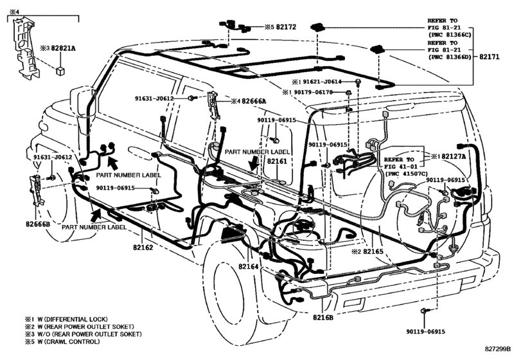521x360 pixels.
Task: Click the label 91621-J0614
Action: coord(322,82)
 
